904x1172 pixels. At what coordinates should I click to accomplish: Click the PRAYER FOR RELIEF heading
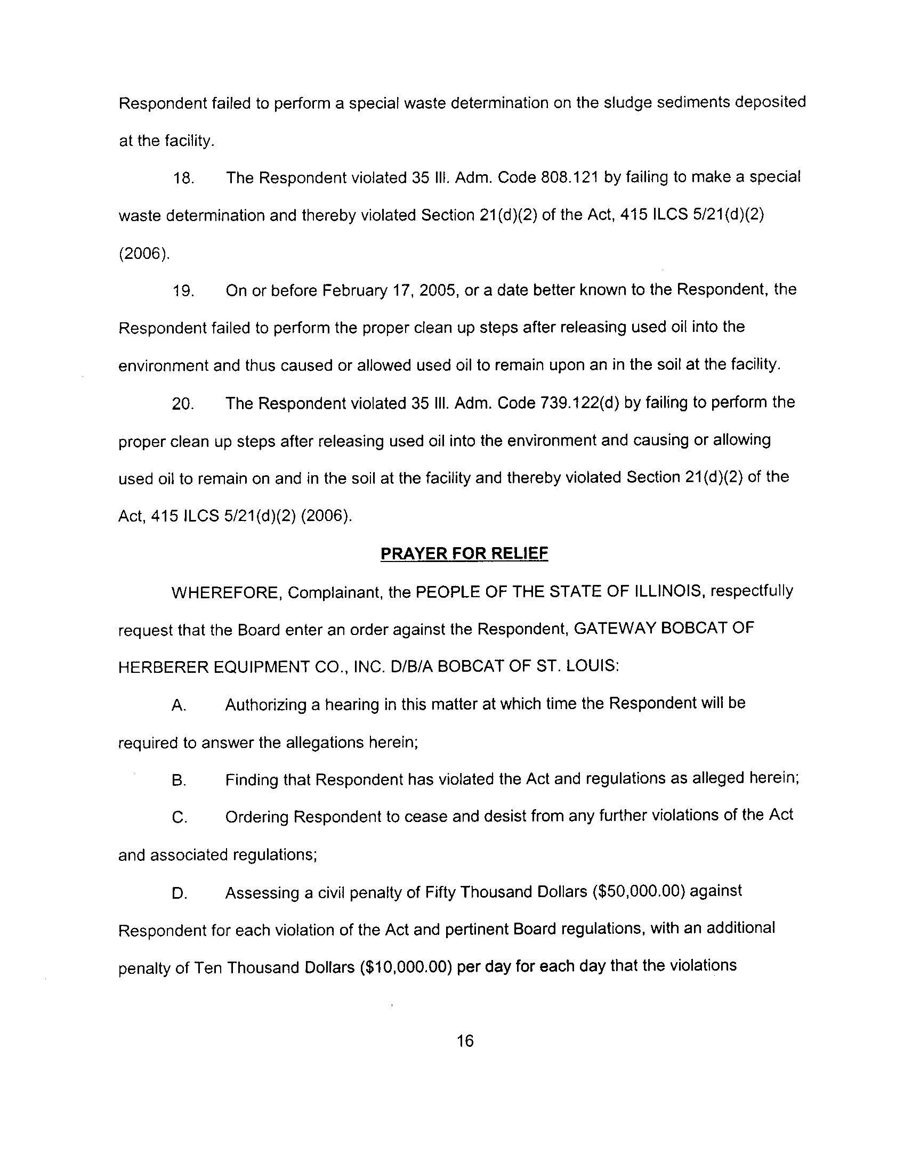coord(464,554)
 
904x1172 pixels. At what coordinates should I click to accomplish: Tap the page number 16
coord(465,1040)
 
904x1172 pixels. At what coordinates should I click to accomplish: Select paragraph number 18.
coord(183,178)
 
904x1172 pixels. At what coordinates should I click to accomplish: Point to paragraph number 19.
coord(183,291)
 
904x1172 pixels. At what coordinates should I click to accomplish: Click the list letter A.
coord(179,705)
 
